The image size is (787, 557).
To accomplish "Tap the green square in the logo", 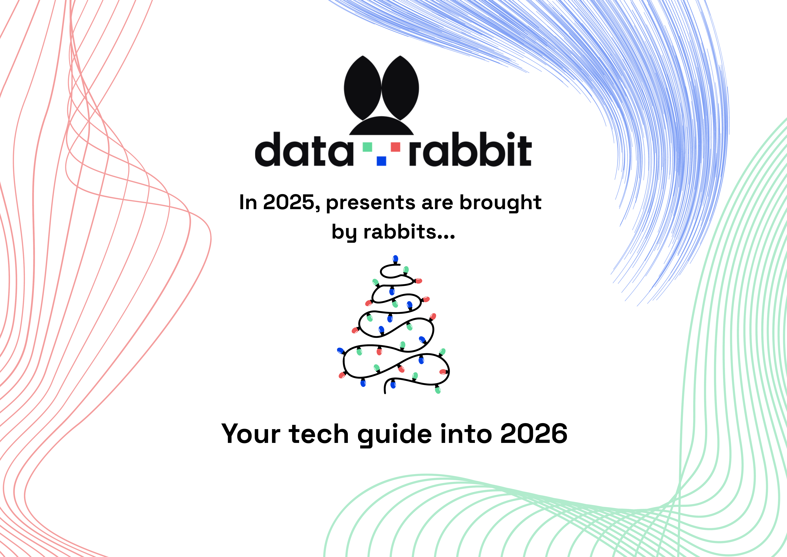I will (367, 147).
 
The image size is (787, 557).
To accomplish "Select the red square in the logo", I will (395, 147).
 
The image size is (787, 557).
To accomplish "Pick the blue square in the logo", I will (381, 161).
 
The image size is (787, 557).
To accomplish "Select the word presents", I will (370, 203).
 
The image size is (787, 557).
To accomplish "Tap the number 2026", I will (534, 434).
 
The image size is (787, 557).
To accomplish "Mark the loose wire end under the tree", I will (385, 392).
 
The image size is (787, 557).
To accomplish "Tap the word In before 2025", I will (248, 202).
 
